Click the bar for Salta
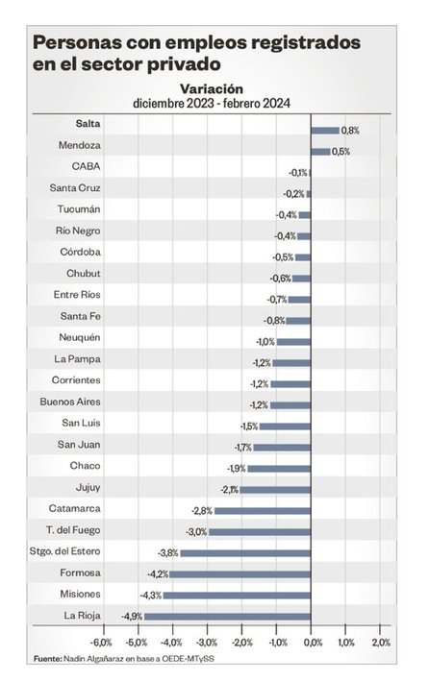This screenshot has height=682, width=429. (325, 131)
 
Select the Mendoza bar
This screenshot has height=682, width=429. (320, 152)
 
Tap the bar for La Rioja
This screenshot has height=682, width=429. (227, 617)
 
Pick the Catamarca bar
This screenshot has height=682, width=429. (263, 511)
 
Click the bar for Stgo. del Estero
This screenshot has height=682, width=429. (245, 553)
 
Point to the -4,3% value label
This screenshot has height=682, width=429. (151, 596)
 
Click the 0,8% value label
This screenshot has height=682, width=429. (350, 131)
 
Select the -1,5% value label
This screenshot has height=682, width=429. (249, 426)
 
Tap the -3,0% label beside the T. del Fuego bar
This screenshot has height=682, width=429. (196, 532)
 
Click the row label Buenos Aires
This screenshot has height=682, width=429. (70, 402)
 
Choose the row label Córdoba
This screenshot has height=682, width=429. (80, 252)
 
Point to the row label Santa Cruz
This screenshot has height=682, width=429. (75, 188)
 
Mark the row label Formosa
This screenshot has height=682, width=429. (80, 572)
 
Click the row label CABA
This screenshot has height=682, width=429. (87, 166)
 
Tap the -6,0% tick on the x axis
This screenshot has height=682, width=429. (102, 643)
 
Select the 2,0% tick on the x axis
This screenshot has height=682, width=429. (381, 643)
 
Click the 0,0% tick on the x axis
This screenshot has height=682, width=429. (314, 643)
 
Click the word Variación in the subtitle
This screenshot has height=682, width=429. (212, 88)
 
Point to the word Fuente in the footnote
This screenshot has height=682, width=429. (47, 659)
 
